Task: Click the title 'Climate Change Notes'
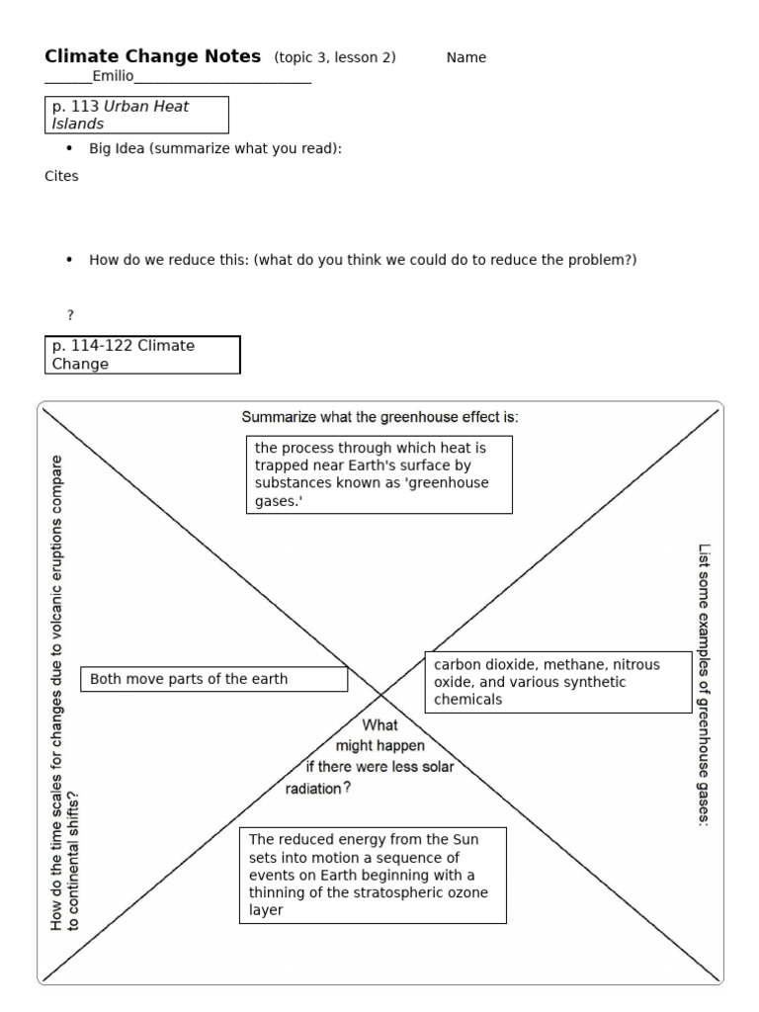point(153,56)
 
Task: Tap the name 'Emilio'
point(113,76)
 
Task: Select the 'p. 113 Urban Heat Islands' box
point(137,115)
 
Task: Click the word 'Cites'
point(61,176)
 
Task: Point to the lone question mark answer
point(70,314)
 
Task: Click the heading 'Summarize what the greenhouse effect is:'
point(379,417)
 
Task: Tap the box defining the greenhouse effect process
point(379,475)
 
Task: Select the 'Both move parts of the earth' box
point(213,679)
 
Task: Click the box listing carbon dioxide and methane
point(557,682)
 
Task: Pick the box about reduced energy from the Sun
point(373,875)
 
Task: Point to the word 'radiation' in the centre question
point(313,789)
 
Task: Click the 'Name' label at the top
point(466,57)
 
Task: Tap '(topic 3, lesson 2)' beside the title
point(335,57)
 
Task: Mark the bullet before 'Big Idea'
point(68,148)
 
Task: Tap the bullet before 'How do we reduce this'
point(68,260)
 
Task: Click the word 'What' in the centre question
point(379,724)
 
